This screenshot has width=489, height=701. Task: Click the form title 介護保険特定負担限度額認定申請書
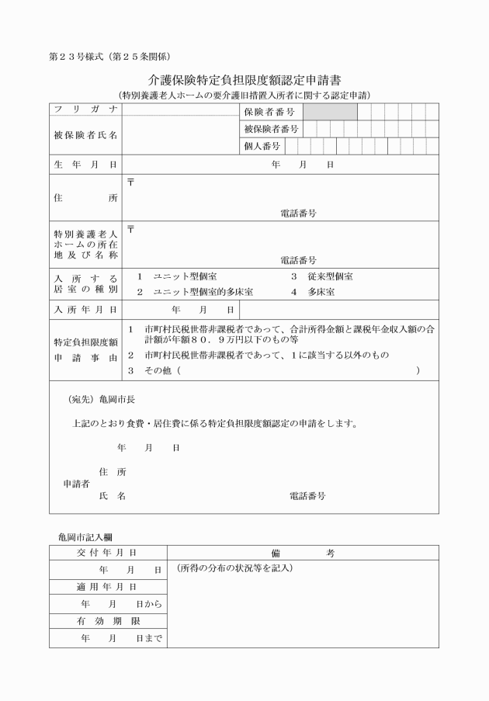(244, 80)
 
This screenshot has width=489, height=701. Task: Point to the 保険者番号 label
(269, 112)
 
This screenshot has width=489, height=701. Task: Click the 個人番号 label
(263, 145)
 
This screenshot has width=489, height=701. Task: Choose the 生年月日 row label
(85, 165)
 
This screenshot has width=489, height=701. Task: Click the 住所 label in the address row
(85, 198)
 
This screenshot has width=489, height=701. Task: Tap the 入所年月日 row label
(85, 309)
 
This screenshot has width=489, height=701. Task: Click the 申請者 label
(76, 483)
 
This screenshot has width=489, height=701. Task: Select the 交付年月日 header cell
(107, 553)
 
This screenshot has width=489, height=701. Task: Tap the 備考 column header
(303, 553)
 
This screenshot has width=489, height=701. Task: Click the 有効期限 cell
(107, 621)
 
